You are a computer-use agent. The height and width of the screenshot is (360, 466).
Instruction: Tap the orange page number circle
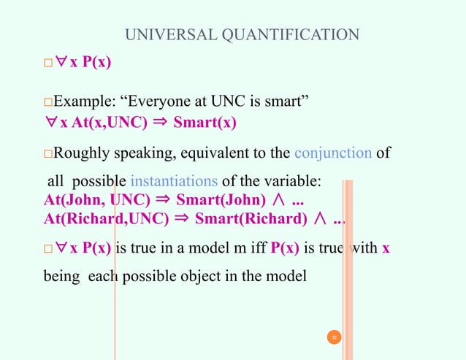(333, 337)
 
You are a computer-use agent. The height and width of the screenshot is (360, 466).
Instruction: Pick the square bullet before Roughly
(49, 154)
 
